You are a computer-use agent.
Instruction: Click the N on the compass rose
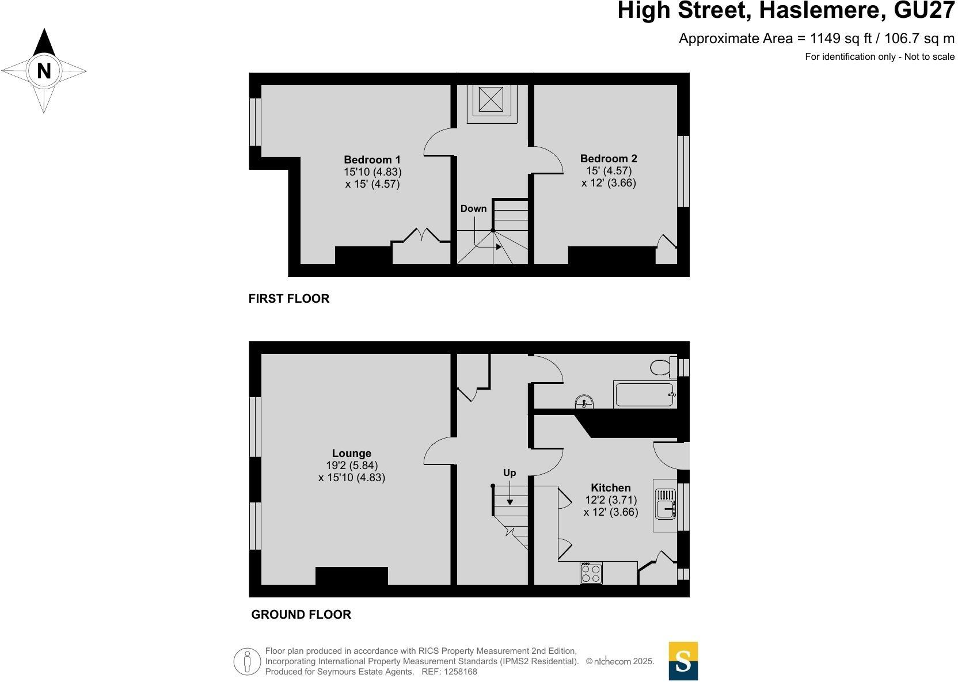(x=44, y=71)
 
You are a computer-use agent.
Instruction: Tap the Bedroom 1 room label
(x=372, y=159)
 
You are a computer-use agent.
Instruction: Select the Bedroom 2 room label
(x=609, y=158)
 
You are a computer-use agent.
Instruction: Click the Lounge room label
(x=351, y=453)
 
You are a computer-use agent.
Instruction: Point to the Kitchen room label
(x=610, y=487)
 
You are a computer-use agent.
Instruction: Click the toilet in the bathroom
(x=662, y=367)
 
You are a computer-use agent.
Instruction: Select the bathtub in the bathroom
(x=644, y=395)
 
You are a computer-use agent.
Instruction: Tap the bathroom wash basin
(x=584, y=402)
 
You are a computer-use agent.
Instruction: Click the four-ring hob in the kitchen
(x=591, y=573)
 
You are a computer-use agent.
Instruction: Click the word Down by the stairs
(x=473, y=208)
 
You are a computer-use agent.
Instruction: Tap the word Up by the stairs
(x=510, y=473)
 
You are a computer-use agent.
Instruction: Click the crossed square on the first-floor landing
(x=491, y=99)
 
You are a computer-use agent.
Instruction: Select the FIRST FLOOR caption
(x=289, y=298)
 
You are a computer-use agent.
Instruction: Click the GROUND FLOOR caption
(x=301, y=614)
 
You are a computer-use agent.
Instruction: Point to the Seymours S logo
(x=683, y=661)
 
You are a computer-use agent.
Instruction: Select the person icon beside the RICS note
(x=247, y=661)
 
